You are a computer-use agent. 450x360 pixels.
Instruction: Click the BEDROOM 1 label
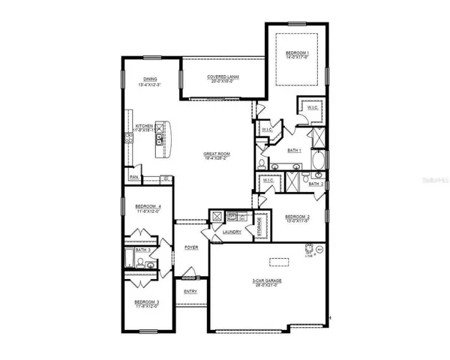click(x=297, y=52)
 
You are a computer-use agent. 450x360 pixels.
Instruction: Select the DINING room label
click(x=151, y=79)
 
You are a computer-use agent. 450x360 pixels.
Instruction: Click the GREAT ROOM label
click(x=217, y=154)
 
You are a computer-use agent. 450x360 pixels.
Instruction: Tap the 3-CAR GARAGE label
click(x=268, y=281)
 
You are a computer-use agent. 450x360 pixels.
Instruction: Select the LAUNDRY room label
click(x=231, y=232)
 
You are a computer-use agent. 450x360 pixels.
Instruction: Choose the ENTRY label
click(x=190, y=292)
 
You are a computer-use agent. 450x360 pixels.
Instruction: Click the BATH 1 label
click(x=295, y=150)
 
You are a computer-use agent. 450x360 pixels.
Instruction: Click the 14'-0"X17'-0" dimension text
click(x=297, y=58)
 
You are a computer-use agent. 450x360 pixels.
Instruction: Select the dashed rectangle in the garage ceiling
click(x=279, y=262)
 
